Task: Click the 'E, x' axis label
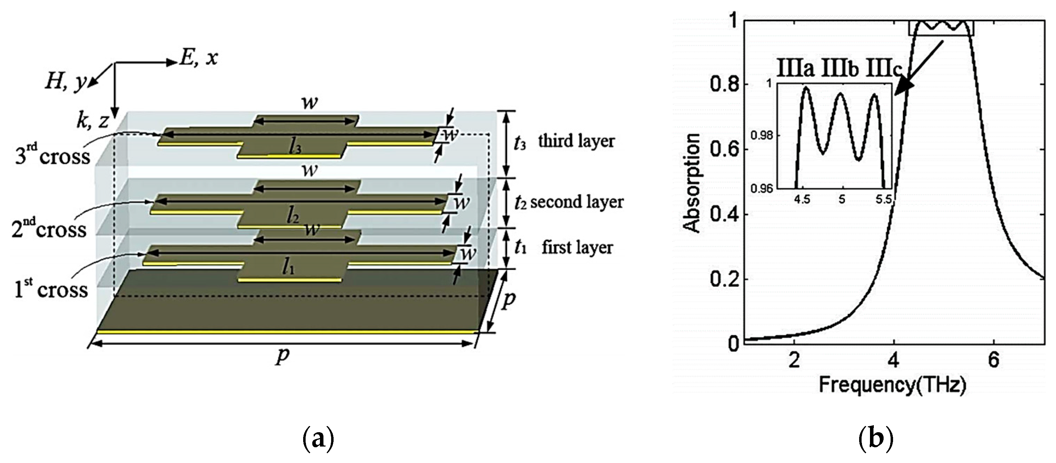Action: [198, 59]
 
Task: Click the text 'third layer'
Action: [576, 141]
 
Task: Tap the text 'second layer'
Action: [576, 202]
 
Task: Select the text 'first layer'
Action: [577, 247]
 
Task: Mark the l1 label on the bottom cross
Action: [290, 268]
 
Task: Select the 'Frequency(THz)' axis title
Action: [892, 385]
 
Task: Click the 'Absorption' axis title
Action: [693, 183]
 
